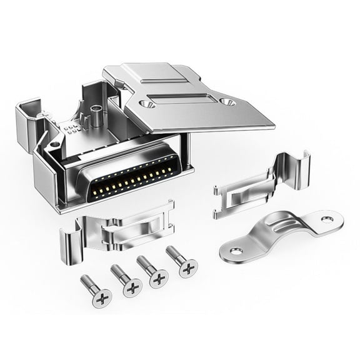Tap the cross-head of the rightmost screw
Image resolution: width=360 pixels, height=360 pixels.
pyautogui.click(x=187, y=268)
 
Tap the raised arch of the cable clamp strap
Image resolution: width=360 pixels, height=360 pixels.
pyautogui.click(x=282, y=226)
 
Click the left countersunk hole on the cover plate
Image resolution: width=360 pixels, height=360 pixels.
pyautogui.click(x=146, y=104)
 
